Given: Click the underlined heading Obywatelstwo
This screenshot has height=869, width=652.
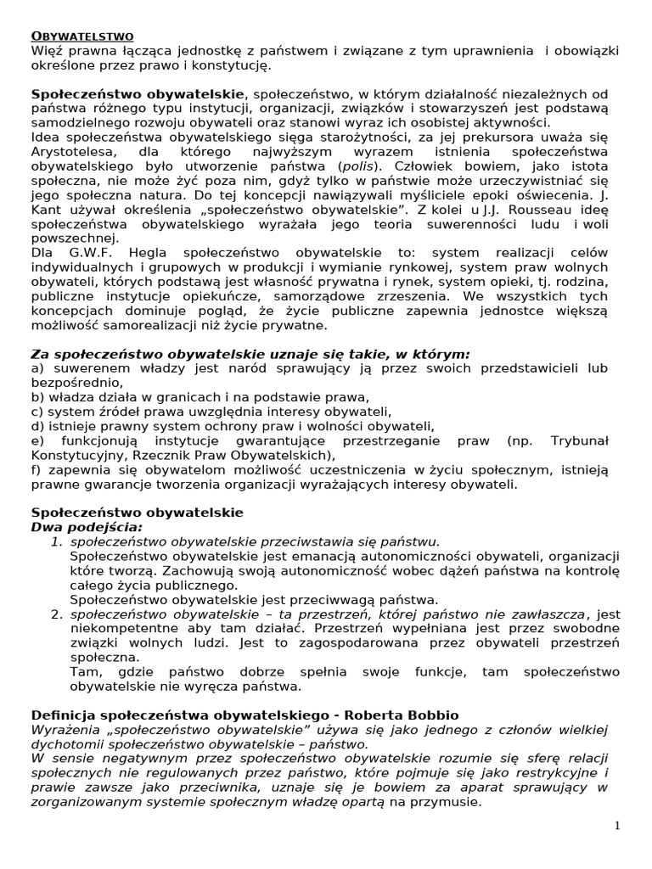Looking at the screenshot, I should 82,36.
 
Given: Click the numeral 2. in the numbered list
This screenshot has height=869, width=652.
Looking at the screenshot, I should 58,614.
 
